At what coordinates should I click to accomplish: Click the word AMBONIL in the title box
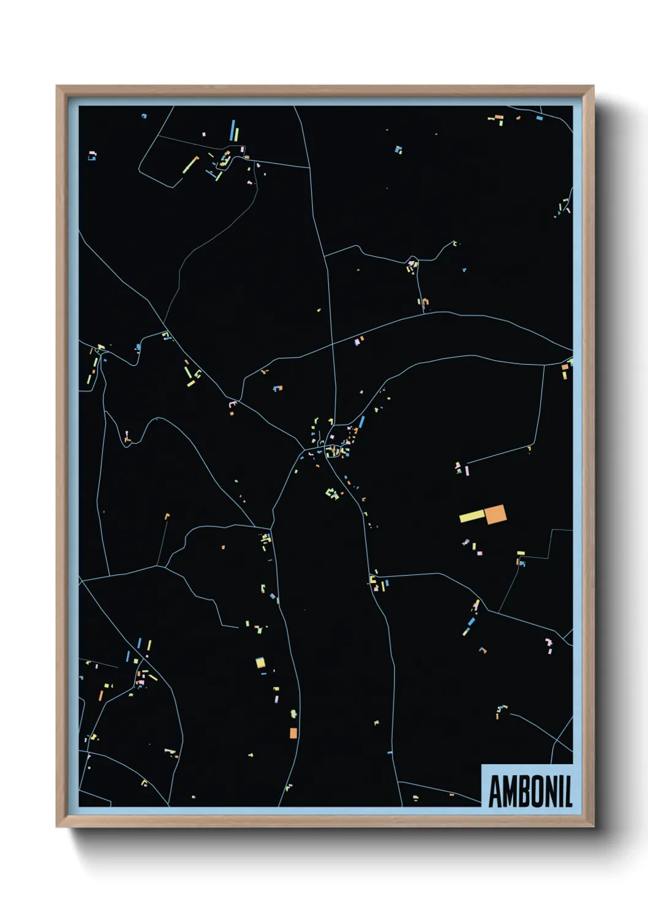tap(530, 791)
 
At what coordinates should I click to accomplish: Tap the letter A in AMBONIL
tap(495, 792)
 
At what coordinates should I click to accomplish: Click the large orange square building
tap(495, 515)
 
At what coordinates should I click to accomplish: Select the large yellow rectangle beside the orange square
tap(472, 517)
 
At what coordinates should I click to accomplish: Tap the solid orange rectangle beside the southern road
tap(293, 733)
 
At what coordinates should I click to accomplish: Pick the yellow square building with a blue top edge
tap(260, 662)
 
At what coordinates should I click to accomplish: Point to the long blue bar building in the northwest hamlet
tap(233, 131)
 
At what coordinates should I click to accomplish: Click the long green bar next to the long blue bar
tap(237, 134)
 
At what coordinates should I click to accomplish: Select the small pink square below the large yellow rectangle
tap(480, 553)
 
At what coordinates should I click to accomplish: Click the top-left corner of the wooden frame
tap(57, 86)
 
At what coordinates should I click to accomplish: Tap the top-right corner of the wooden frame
tap(593, 86)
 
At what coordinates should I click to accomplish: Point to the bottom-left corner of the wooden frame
tap(57, 826)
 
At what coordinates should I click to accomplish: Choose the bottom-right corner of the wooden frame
tap(593, 826)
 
